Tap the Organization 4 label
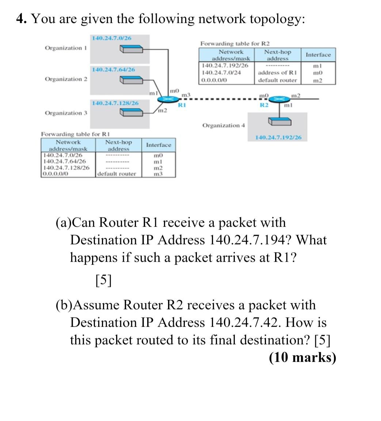coord(223,125)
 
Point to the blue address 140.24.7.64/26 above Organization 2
coord(113,69)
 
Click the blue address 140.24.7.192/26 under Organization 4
coord(279,138)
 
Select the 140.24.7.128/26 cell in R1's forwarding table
coord(66,168)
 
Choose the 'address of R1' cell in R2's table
coord(277,73)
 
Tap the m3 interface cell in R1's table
coord(158,174)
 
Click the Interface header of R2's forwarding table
coord(318,55)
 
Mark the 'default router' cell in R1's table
coord(117,174)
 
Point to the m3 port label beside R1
coord(186,95)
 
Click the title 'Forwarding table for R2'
coord(235,44)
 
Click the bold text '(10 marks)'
coord(302,357)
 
